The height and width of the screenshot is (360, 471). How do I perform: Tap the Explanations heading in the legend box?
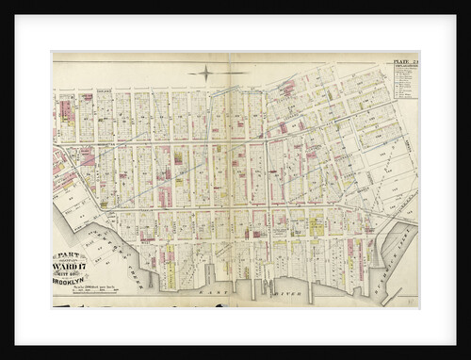(405, 70)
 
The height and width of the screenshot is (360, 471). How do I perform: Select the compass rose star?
(204, 72)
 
